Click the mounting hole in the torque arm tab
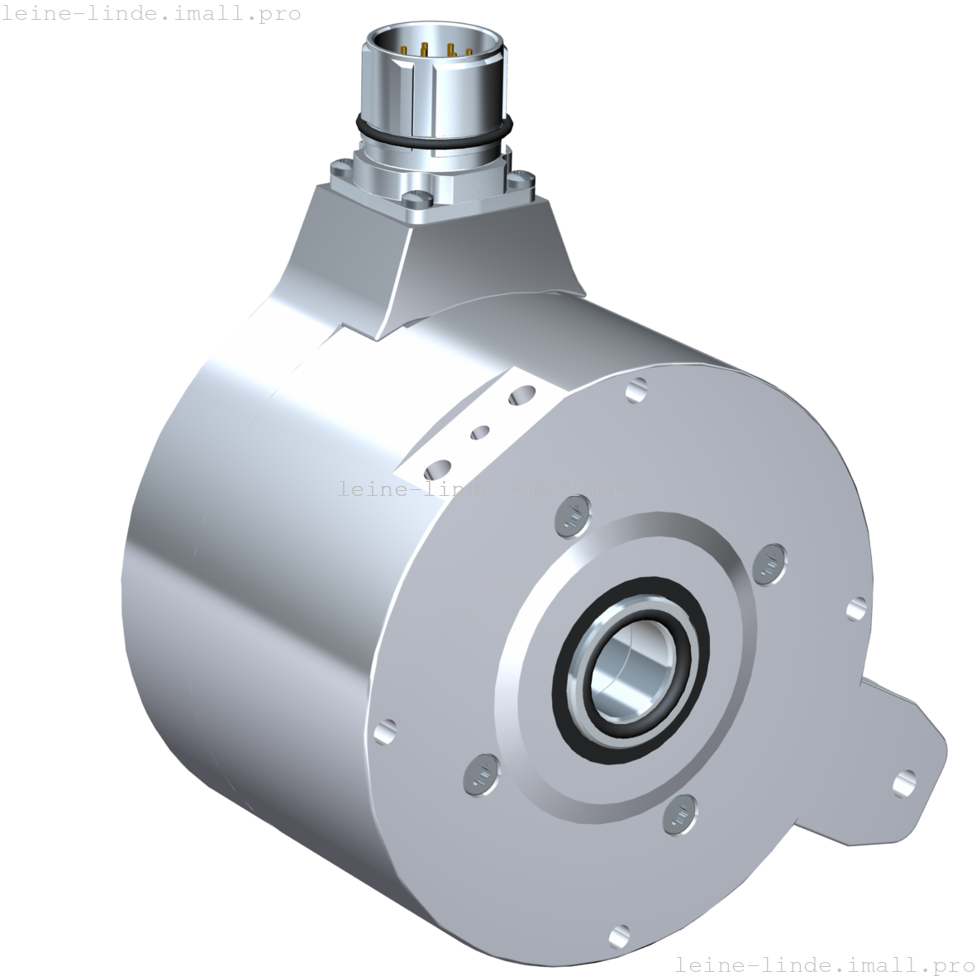coord(906,779)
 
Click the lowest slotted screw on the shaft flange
coord(678,814)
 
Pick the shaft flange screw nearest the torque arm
coord(770,564)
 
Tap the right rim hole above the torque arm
coord(856,609)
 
